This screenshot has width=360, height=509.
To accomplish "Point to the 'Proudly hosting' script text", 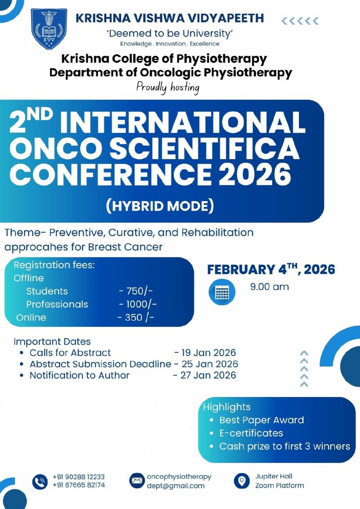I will point(168,87).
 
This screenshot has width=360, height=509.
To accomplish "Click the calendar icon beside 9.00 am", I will point(222,292).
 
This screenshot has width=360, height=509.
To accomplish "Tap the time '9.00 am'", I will point(270,287).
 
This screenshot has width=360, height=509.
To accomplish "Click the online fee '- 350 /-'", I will point(135,317).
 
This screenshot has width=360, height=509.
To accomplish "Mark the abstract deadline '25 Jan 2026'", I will point(209,364).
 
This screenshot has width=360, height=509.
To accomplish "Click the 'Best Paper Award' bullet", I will point(261,420).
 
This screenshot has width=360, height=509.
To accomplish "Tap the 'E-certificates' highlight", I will point(251,433).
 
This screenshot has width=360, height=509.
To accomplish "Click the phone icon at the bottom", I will point(40,481).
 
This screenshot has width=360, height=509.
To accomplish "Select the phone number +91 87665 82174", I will point(79,485).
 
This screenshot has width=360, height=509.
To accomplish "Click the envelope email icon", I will point(136,481).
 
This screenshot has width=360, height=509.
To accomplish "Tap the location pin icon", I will point(242,481).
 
